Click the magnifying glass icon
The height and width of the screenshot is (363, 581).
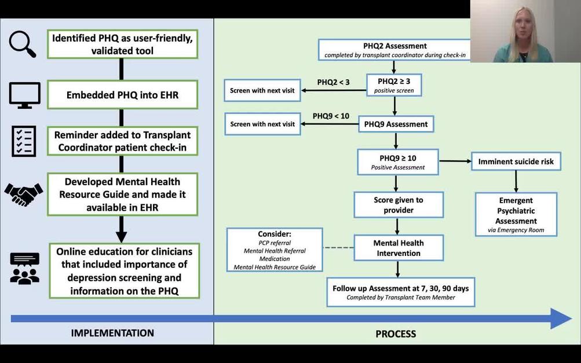pos(23,43)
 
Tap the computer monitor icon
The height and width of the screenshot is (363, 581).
pos(25,95)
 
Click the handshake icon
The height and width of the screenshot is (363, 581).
pos(24,193)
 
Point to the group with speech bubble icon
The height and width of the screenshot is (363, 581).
pos(25,268)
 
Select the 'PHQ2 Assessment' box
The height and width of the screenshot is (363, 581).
pos(394,50)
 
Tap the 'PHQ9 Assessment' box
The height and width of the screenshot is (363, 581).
pos(396,124)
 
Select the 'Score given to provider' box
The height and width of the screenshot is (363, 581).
pos(399,205)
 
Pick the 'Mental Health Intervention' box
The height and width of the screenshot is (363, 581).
pos(398,248)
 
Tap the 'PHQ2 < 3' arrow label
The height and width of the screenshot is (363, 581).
pos(333,82)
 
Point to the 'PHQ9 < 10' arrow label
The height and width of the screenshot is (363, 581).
pos(331,116)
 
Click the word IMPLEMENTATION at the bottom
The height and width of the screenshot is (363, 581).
pos(112,333)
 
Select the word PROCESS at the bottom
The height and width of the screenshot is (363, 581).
pos(396,333)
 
